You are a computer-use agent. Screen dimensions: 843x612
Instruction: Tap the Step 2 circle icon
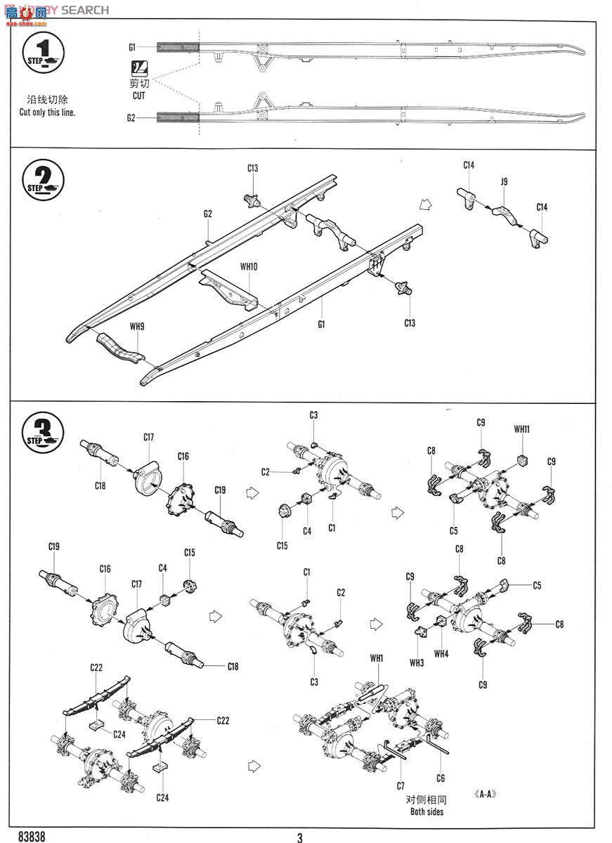pos(44,181)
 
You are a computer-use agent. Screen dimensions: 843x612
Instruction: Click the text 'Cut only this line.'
pos(47,112)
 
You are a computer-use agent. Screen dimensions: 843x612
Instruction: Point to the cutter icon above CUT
pos(139,70)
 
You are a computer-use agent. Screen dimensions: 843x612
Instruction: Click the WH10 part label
pos(249,266)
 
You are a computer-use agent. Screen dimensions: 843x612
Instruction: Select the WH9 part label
pos(136,325)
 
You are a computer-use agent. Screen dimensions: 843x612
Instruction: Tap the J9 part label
pos(504,182)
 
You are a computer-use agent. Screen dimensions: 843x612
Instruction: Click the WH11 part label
pos(521,429)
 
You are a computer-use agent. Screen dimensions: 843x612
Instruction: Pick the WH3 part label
pos(417,662)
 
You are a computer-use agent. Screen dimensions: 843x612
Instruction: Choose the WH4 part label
pos(441,654)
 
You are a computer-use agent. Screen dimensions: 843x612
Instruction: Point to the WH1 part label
pos(377,658)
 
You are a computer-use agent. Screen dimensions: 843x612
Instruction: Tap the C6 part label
pos(441,778)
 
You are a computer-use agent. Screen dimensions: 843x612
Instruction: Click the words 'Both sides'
pos(427,812)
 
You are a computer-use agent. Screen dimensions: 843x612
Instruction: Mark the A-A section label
pos(486,794)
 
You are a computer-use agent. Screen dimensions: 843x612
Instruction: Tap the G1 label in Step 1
pos(131,47)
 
